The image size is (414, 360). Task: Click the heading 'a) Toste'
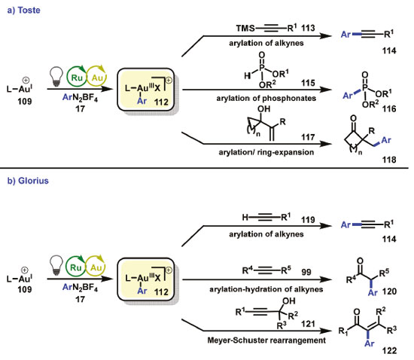[24, 11]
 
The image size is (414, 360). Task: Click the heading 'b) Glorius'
[28, 181]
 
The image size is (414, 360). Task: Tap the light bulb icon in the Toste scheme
[56, 76]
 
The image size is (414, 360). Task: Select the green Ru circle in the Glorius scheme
[76, 267]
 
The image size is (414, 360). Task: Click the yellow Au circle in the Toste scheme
[96, 78]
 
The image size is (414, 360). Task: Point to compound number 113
[308, 28]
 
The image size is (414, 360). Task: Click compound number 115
[308, 83]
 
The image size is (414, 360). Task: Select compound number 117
[308, 137]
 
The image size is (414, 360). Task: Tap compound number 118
[389, 160]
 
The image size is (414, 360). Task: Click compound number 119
[308, 219]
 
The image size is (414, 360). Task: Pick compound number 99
[306, 272]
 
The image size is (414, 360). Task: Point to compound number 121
[308, 324]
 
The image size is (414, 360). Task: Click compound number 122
[389, 351]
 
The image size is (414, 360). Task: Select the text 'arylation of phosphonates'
[266, 98]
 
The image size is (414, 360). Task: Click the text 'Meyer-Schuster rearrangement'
[266, 340]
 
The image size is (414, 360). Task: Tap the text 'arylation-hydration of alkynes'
[266, 289]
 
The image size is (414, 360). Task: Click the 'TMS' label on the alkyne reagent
[245, 28]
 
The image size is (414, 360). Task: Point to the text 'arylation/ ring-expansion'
[266, 152]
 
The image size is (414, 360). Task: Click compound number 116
[389, 108]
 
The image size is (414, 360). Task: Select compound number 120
[389, 291]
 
